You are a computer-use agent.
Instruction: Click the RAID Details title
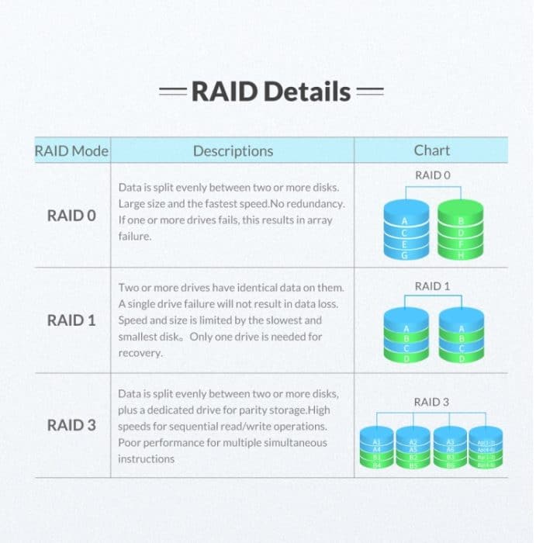(x=271, y=92)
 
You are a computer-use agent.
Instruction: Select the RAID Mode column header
(x=72, y=150)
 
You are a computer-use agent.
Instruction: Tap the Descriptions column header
(x=233, y=150)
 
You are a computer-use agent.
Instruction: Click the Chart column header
(x=431, y=150)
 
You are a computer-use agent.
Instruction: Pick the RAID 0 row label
(x=72, y=215)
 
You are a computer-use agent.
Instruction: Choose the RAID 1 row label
(x=72, y=320)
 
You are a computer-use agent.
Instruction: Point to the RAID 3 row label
(x=72, y=425)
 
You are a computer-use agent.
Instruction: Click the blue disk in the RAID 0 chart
(x=403, y=229)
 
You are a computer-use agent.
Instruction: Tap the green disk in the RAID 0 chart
(x=460, y=229)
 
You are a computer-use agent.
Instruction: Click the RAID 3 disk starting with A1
(x=376, y=448)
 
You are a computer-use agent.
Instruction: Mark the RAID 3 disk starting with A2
(x=413, y=448)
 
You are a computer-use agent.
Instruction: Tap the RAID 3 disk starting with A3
(x=449, y=448)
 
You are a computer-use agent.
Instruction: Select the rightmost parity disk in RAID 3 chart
(x=486, y=448)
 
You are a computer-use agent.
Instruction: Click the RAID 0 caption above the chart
(x=432, y=175)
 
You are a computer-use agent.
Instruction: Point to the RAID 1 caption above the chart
(x=432, y=286)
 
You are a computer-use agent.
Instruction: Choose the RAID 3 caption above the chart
(x=432, y=402)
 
